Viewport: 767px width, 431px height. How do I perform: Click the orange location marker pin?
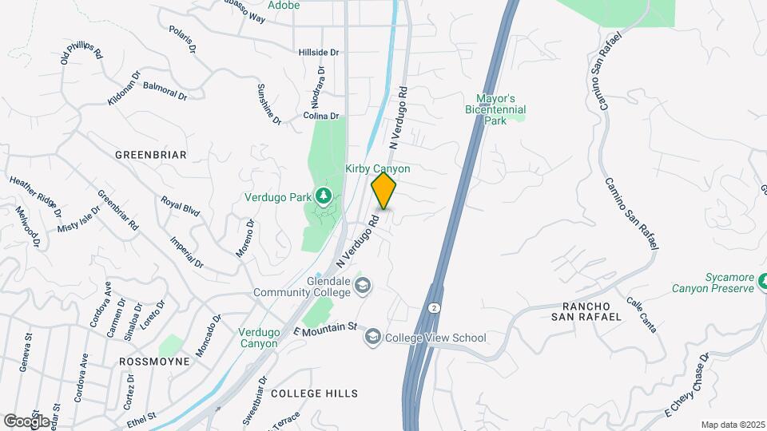point(384,191)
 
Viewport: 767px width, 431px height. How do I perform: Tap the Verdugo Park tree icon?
point(323,195)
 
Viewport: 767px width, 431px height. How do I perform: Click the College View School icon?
point(372,338)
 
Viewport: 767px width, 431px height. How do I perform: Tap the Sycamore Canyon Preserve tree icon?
point(763,281)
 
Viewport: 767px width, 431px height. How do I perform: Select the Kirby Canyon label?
point(378,169)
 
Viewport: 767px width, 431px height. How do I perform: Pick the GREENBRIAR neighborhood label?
point(150,155)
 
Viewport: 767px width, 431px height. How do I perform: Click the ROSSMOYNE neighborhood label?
point(154,362)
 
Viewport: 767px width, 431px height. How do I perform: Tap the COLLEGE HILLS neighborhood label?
point(314,393)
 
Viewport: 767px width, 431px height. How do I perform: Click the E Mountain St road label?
point(324,328)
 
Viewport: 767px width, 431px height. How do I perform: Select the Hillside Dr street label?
point(319,52)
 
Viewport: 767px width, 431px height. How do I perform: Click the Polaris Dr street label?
point(183,38)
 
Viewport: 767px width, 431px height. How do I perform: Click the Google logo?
point(26,421)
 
